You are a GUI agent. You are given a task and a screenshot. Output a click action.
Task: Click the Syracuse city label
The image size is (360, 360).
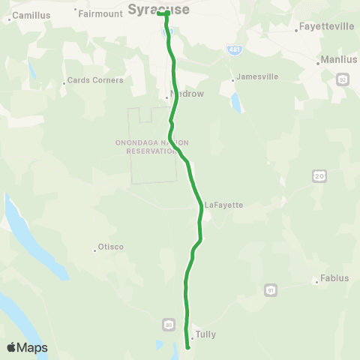157,9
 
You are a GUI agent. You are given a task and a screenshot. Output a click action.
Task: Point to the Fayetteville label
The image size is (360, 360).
326,26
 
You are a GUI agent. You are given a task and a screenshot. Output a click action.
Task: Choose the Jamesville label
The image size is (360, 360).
256,76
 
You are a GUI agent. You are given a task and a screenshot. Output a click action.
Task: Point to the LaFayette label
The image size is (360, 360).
223,204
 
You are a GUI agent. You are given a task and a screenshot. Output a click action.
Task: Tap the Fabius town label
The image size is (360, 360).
334,278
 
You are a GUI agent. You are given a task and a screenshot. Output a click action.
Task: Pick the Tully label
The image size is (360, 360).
205,334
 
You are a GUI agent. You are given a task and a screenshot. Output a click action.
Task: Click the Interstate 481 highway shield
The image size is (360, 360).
235,49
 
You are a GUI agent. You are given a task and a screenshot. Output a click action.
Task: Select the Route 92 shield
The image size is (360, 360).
343,79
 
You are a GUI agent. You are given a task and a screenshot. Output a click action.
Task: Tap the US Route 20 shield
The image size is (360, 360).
319,175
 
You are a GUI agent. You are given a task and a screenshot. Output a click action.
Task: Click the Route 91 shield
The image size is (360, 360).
270,289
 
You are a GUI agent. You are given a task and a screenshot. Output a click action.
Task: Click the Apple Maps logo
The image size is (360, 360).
27,347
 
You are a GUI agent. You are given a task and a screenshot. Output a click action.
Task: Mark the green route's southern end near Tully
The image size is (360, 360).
187,347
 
